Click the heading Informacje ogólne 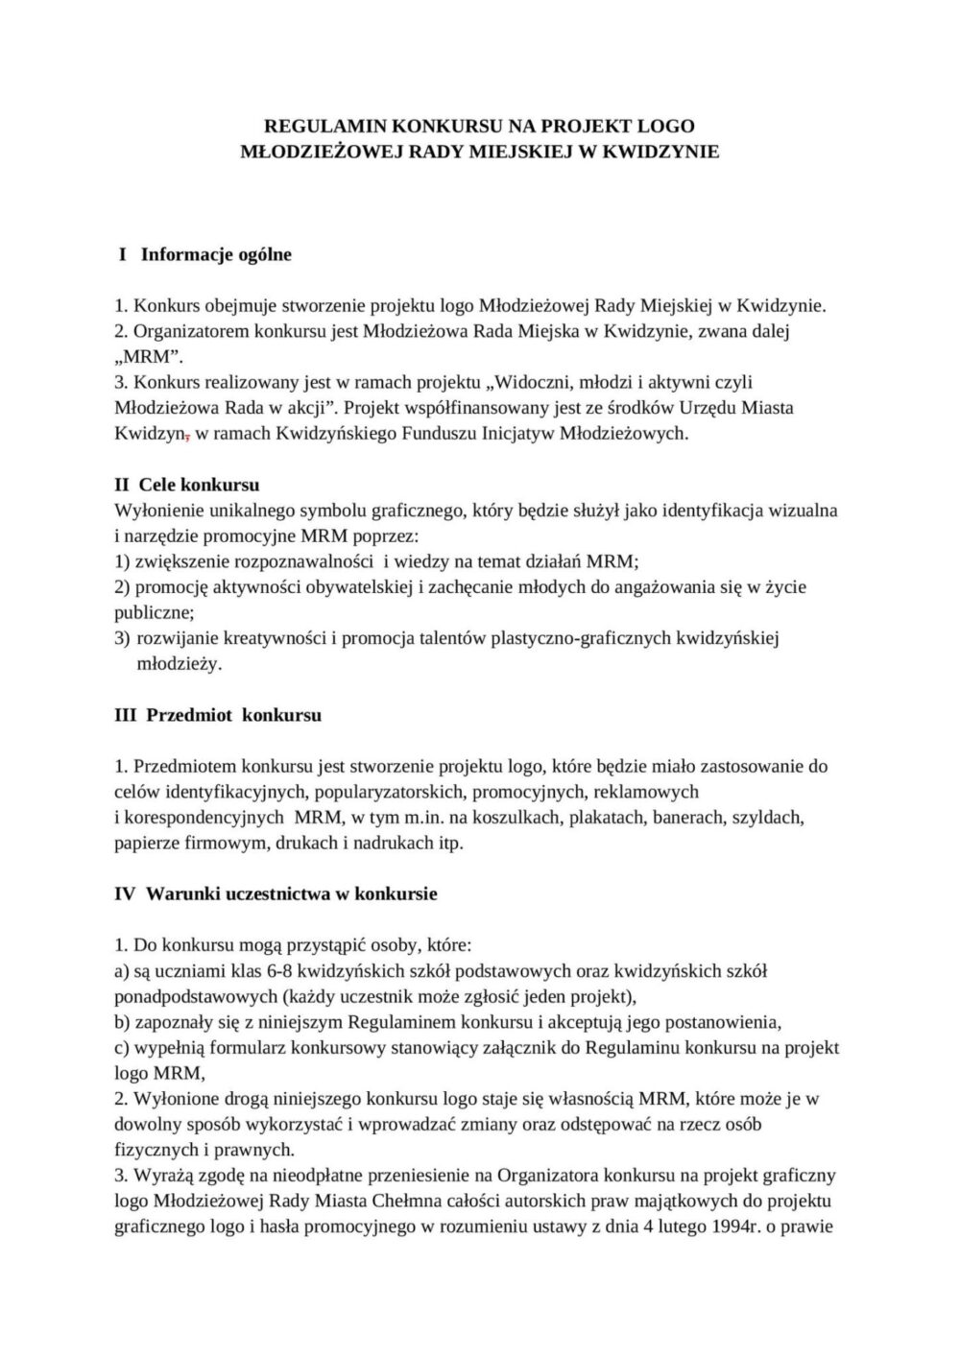click(x=216, y=254)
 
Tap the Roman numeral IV click(x=126, y=893)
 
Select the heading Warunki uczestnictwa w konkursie click(x=292, y=893)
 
